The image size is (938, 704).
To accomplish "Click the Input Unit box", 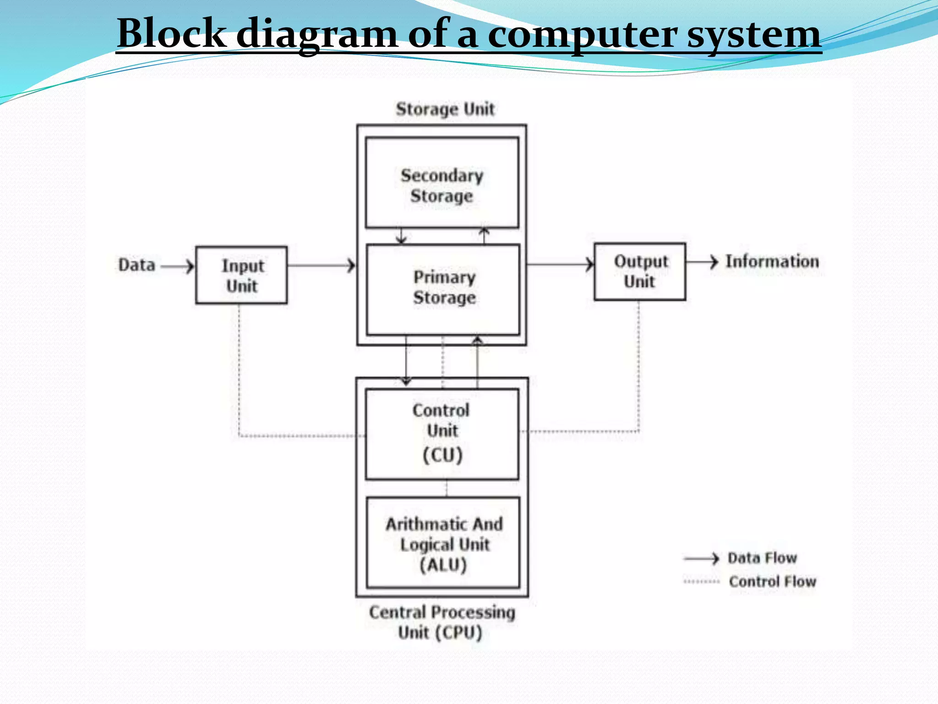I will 241,275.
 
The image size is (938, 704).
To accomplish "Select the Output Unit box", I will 640,272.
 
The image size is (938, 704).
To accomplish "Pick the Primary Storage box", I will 443,289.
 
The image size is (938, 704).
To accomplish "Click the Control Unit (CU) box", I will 442,434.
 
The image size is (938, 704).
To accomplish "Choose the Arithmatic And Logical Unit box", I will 443,543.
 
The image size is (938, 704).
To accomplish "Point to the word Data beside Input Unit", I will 136,265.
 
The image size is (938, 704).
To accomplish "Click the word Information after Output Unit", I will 772,261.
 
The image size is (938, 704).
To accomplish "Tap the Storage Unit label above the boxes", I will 445,109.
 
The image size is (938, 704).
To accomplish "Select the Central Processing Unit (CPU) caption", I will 442,622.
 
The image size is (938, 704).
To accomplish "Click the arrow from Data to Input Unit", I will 178,266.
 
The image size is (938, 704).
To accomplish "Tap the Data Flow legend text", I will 762,558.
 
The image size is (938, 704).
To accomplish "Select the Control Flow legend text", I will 772,581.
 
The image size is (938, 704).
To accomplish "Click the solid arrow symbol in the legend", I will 701,558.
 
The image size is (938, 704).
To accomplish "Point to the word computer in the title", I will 581,34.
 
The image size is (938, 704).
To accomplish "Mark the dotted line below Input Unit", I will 239,367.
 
